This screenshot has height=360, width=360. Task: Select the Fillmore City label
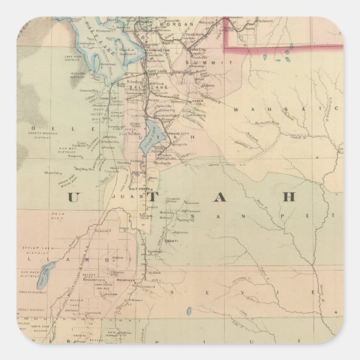pos(117,273)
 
